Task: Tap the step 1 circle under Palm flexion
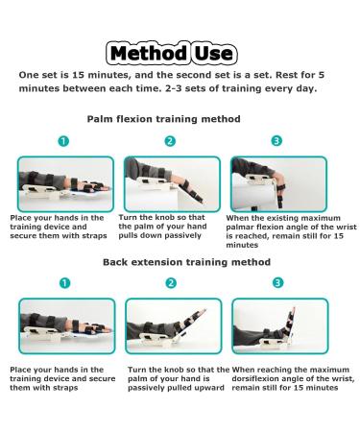click(x=62, y=141)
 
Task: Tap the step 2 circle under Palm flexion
click(x=170, y=141)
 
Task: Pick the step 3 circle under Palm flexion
click(x=277, y=141)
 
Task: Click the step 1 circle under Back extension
click(x=62, y=283)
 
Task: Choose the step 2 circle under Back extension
click(x=170, y=283)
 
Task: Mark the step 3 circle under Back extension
click(x=277, y=283)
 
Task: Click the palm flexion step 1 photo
click(x=62, y=183)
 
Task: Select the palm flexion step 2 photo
click(x=170, y=183)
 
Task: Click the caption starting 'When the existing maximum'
click(x=285, y=231)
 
